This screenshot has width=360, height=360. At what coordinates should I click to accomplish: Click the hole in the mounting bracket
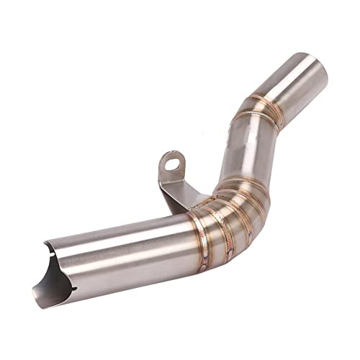(x=171, y=164)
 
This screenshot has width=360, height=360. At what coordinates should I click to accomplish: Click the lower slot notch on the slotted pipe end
(x=71, y=289)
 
